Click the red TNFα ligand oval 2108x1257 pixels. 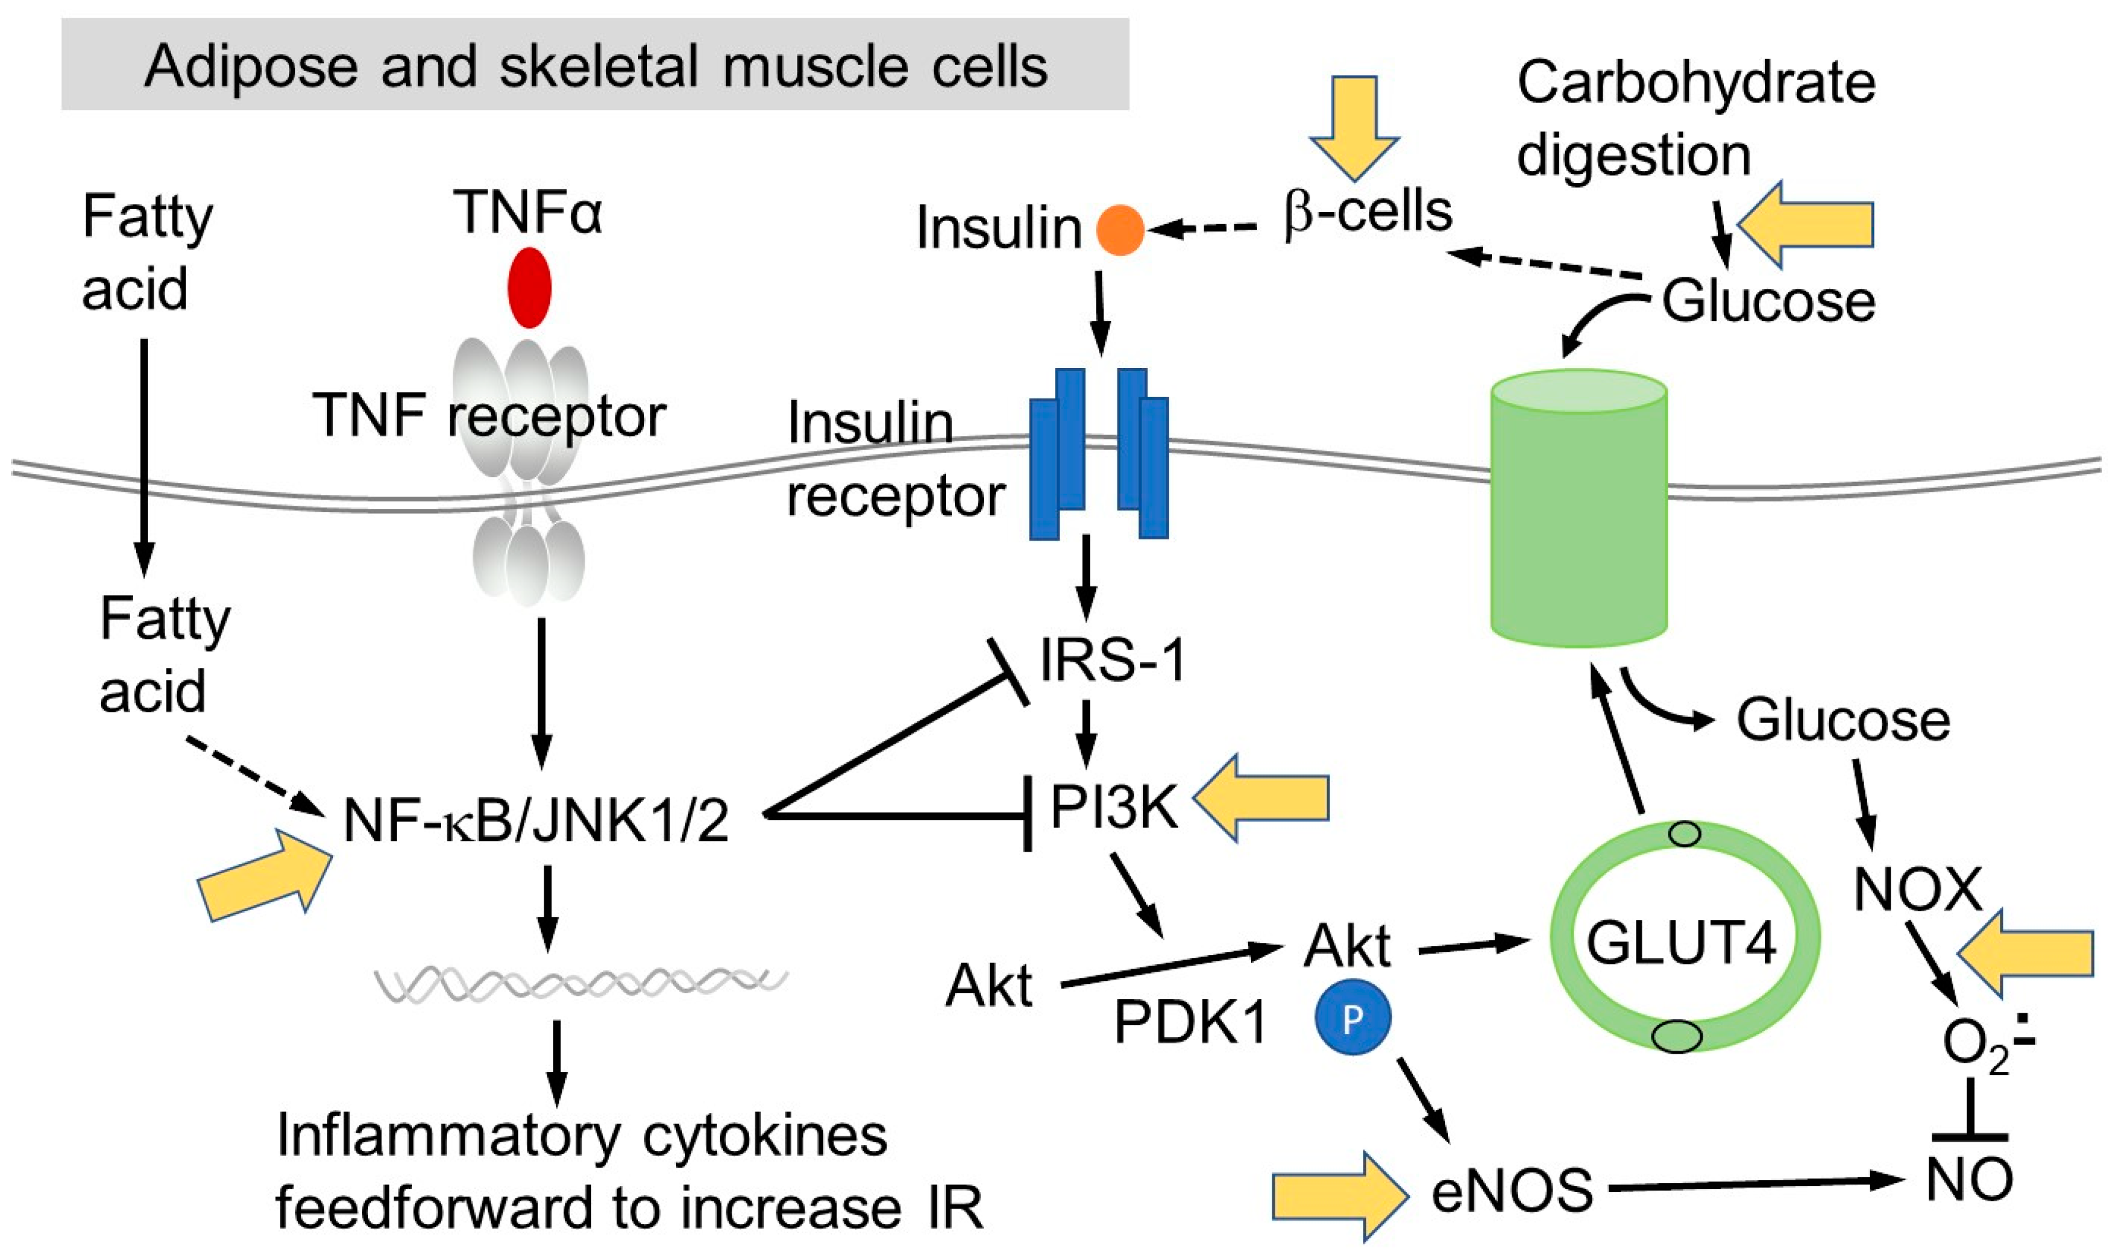click(x=530, y=287)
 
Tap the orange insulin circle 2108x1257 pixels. click(x=1120, y=230)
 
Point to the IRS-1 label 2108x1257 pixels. click(x=1112, y=660)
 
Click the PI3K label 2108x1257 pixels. click(x=1114, y=806)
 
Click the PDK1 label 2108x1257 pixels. click(x=1190, y=1021)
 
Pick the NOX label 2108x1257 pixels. click(x=1918, y=888)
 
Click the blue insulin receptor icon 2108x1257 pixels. click(x=1098, y=453)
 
